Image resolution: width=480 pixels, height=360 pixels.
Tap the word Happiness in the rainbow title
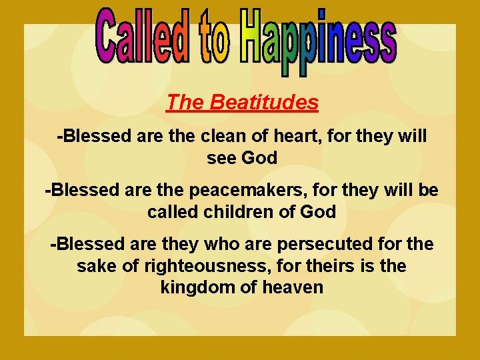pos(319,41)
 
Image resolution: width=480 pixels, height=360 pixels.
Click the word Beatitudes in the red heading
pos(263,102)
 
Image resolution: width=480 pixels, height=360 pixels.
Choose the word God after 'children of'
pos(319,212)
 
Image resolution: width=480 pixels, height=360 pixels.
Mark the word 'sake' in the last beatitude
pos(95,266)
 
